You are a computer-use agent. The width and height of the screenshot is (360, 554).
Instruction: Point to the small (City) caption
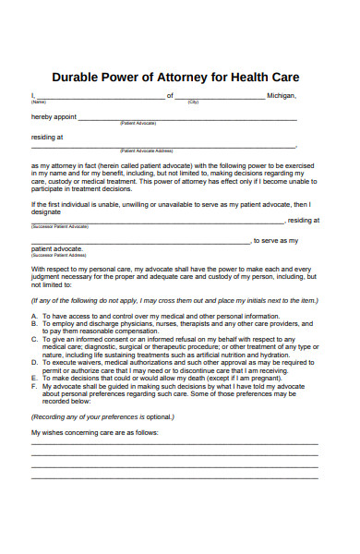[x=193, y=102]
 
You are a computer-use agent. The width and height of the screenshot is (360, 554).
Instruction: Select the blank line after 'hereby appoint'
[x=186, y=119]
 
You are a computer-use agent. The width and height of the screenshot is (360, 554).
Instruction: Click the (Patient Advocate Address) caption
[x=147, y=151]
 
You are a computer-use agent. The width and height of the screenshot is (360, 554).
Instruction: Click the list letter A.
[x=34, y=316]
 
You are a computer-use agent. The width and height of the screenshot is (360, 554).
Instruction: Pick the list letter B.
[x=34, y=324]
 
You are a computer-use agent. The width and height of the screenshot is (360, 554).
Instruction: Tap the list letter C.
[x=34, y=340]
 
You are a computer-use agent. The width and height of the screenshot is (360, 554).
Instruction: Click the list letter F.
[x=34, y=386]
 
